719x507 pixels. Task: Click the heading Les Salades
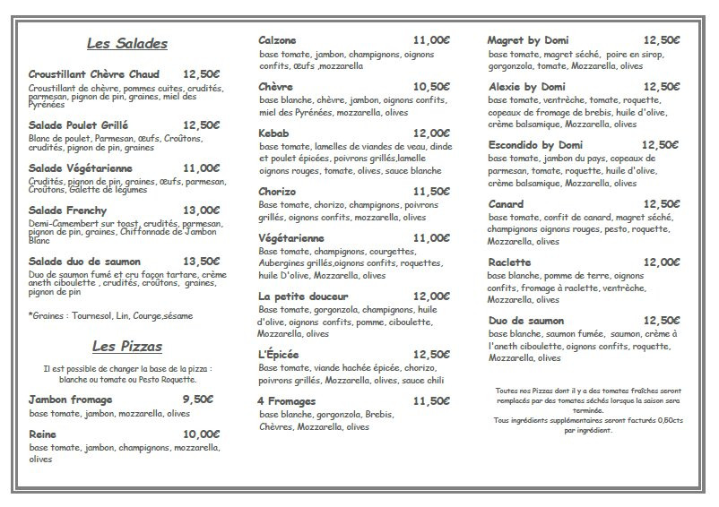pyautogui.click(x=126, y=43)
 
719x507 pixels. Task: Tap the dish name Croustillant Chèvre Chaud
pyautogui.click(x=93, y=74)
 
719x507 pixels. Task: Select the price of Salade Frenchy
pyautogui.click(x=202, y=211)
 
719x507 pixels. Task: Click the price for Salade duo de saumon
pyautogui.click(x=202, y=262)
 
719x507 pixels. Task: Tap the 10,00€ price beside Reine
pyautogui.click(x=202, y=434)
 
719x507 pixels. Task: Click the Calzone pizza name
pyautogui.click(x=278, y=40)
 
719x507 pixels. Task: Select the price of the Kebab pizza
pyautogui.click(x=431, y=133)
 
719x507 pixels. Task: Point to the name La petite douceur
pyautogui.click(x=303, y=296)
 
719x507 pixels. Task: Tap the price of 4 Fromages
pyautogui.click(x=431, y=401)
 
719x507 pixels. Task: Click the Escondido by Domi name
pyautogui.click(x=535, y=145)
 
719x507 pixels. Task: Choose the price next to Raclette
pyautogui.click(x=662, y=262)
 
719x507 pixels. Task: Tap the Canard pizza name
pyautogui.click(x=507, y=204)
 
